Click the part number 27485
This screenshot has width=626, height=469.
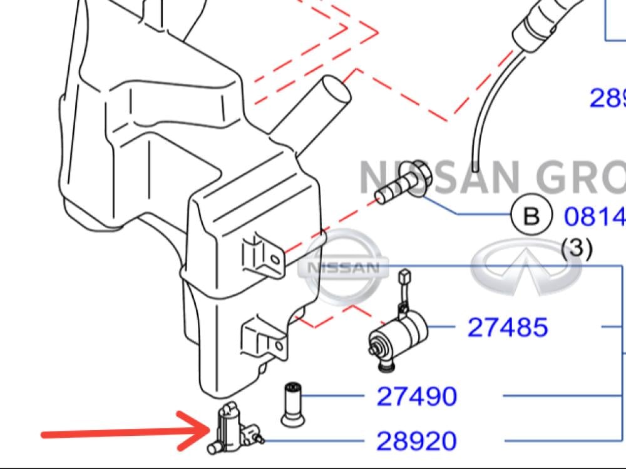point(508,327)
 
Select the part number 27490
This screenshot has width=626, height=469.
point(417,396)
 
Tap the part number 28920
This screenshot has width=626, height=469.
point(417,441)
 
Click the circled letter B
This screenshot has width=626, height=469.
point(531,216)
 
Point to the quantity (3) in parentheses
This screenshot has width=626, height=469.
point(576,249)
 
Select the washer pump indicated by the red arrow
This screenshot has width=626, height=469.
point(232,428)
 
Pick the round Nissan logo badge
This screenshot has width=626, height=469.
point(343,267)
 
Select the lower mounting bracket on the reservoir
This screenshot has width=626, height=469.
point(263,338)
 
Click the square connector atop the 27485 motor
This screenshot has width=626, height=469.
point(404,275)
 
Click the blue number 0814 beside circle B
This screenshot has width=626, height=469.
point(595,216)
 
